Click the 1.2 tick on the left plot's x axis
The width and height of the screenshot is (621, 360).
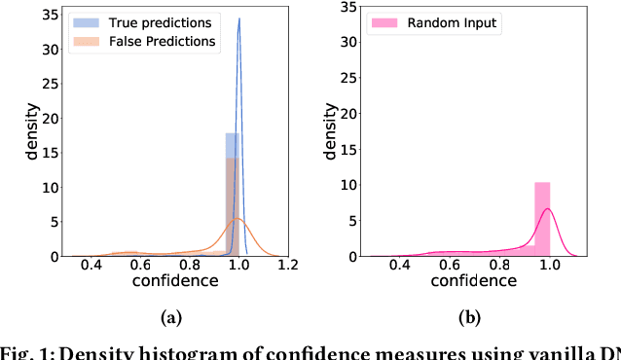pyautogui.click(x=287, y=265)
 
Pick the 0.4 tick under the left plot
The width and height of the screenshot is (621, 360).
pyautogui.click(x=91, y=265)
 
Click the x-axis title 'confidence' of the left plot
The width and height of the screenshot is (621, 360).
pyautogui.click(x=176, y=282)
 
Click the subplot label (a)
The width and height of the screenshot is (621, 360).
pyautogui.click(x=170, y=316)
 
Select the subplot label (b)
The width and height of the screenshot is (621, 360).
pyautogui.click(x=470, y=316)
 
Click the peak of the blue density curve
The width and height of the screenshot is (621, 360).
pyautogui.click(x=239, y=18)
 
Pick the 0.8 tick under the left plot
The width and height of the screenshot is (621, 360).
pyautogui.click(x=190, y=265)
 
